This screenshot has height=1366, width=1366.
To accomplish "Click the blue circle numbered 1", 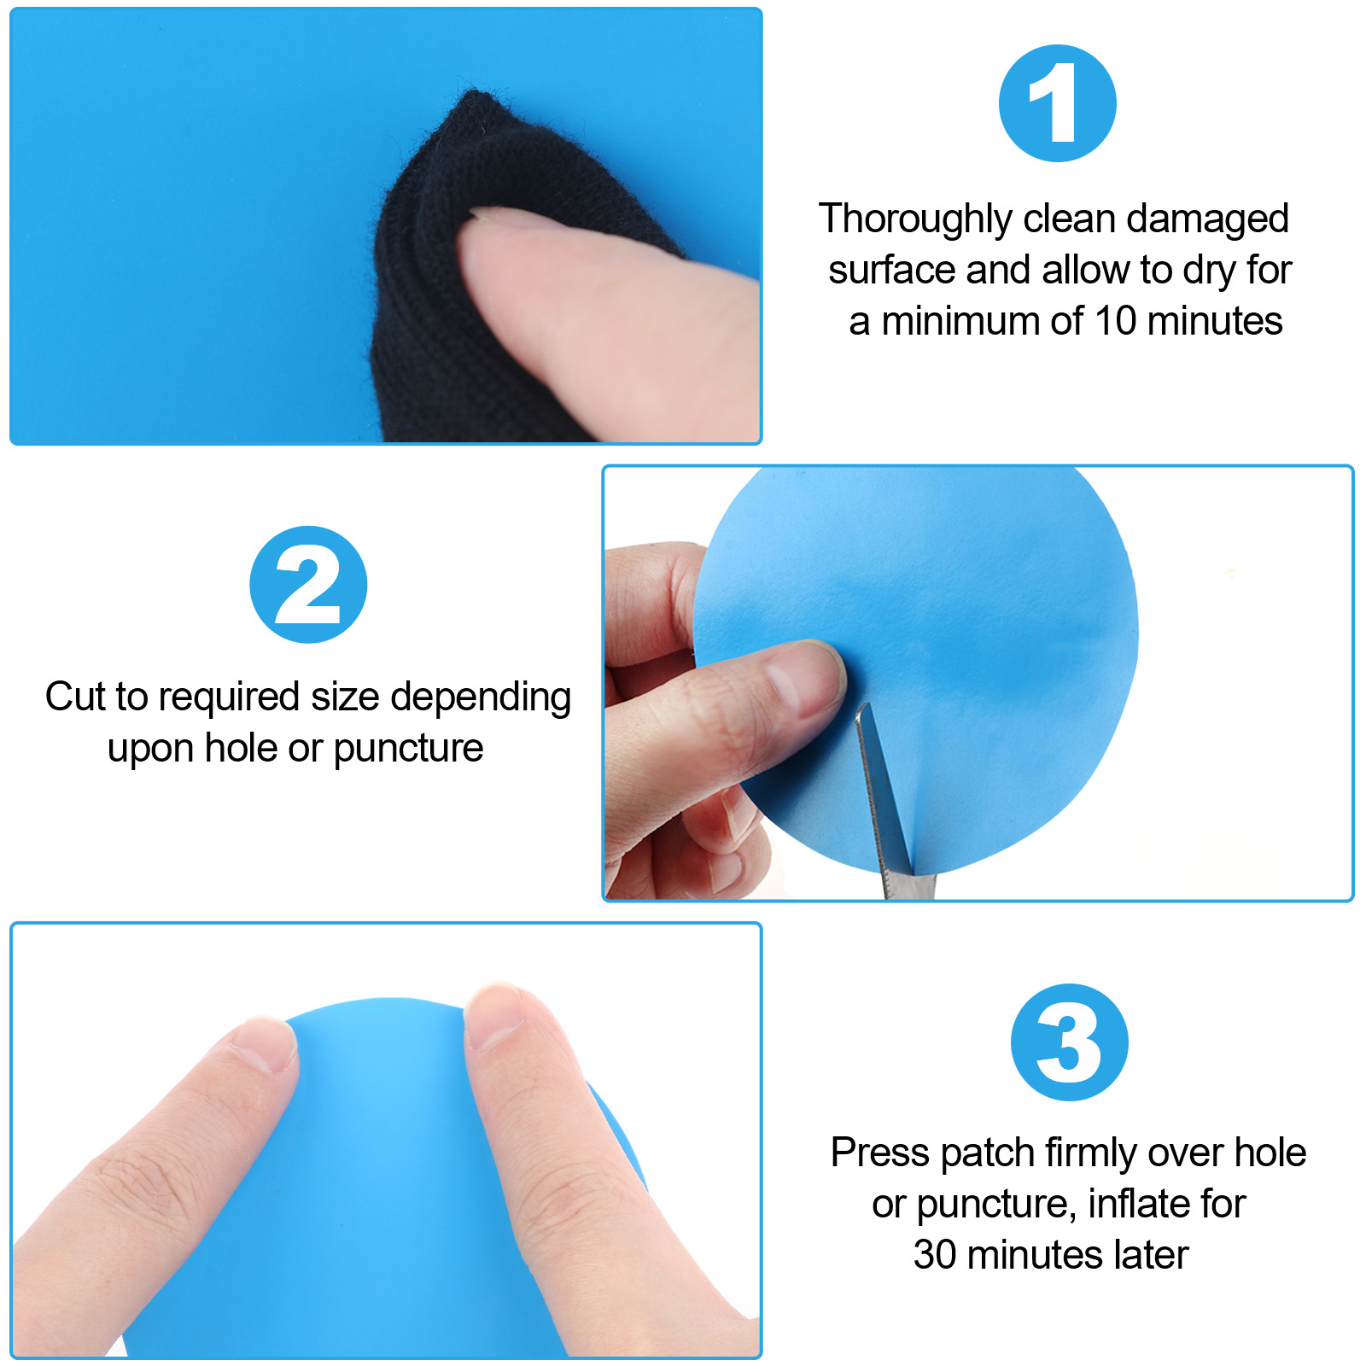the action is click(1058, 103).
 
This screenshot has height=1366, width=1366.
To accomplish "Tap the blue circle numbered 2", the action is click(308, 585).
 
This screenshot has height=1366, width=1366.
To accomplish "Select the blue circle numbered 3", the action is click(1070, 1042).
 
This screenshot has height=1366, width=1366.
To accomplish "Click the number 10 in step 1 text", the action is click(1116, 321).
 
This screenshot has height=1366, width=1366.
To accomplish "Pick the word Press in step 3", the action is click(880, 1153).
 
